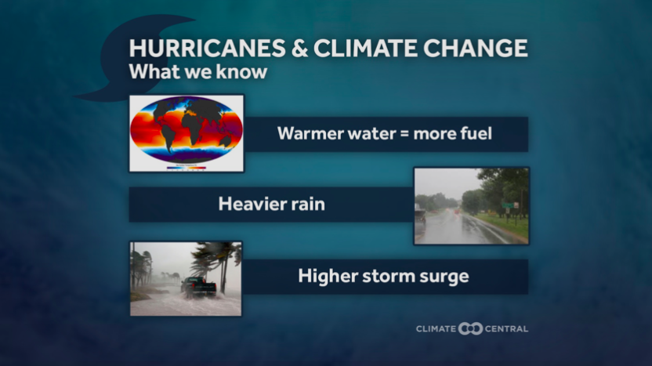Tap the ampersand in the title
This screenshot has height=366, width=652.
[299, 48]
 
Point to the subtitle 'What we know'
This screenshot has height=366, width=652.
[198, 71]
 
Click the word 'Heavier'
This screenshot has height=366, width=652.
[251, 205]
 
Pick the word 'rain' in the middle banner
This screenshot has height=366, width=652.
[308, 205]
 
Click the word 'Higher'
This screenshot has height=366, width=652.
[328, 276]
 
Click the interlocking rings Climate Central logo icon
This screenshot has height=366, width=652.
[470, 328]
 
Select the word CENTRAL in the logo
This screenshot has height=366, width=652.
[506, 328]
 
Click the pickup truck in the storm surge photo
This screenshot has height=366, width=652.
[198, 287]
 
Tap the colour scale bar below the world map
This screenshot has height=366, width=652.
[187, 168]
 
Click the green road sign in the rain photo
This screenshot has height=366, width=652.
[507, 205]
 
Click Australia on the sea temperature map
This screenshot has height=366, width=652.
[225, 141]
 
